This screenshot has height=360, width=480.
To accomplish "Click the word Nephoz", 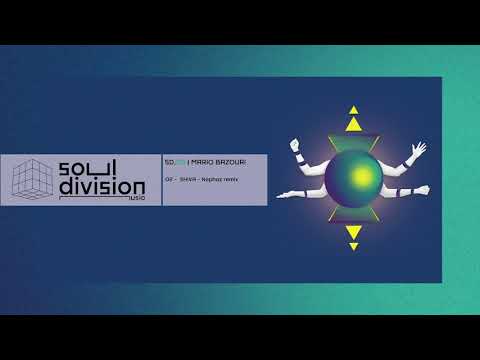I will coord(216,178).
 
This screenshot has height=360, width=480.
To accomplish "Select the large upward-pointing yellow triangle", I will coord(353,124).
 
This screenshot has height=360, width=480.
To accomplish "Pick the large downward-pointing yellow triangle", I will coord(353,232).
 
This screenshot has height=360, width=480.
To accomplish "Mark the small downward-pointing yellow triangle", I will coord(353,247).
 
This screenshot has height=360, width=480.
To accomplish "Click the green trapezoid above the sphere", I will coord(353,139).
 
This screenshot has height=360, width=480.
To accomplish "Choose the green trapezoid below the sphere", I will coord(353,217).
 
